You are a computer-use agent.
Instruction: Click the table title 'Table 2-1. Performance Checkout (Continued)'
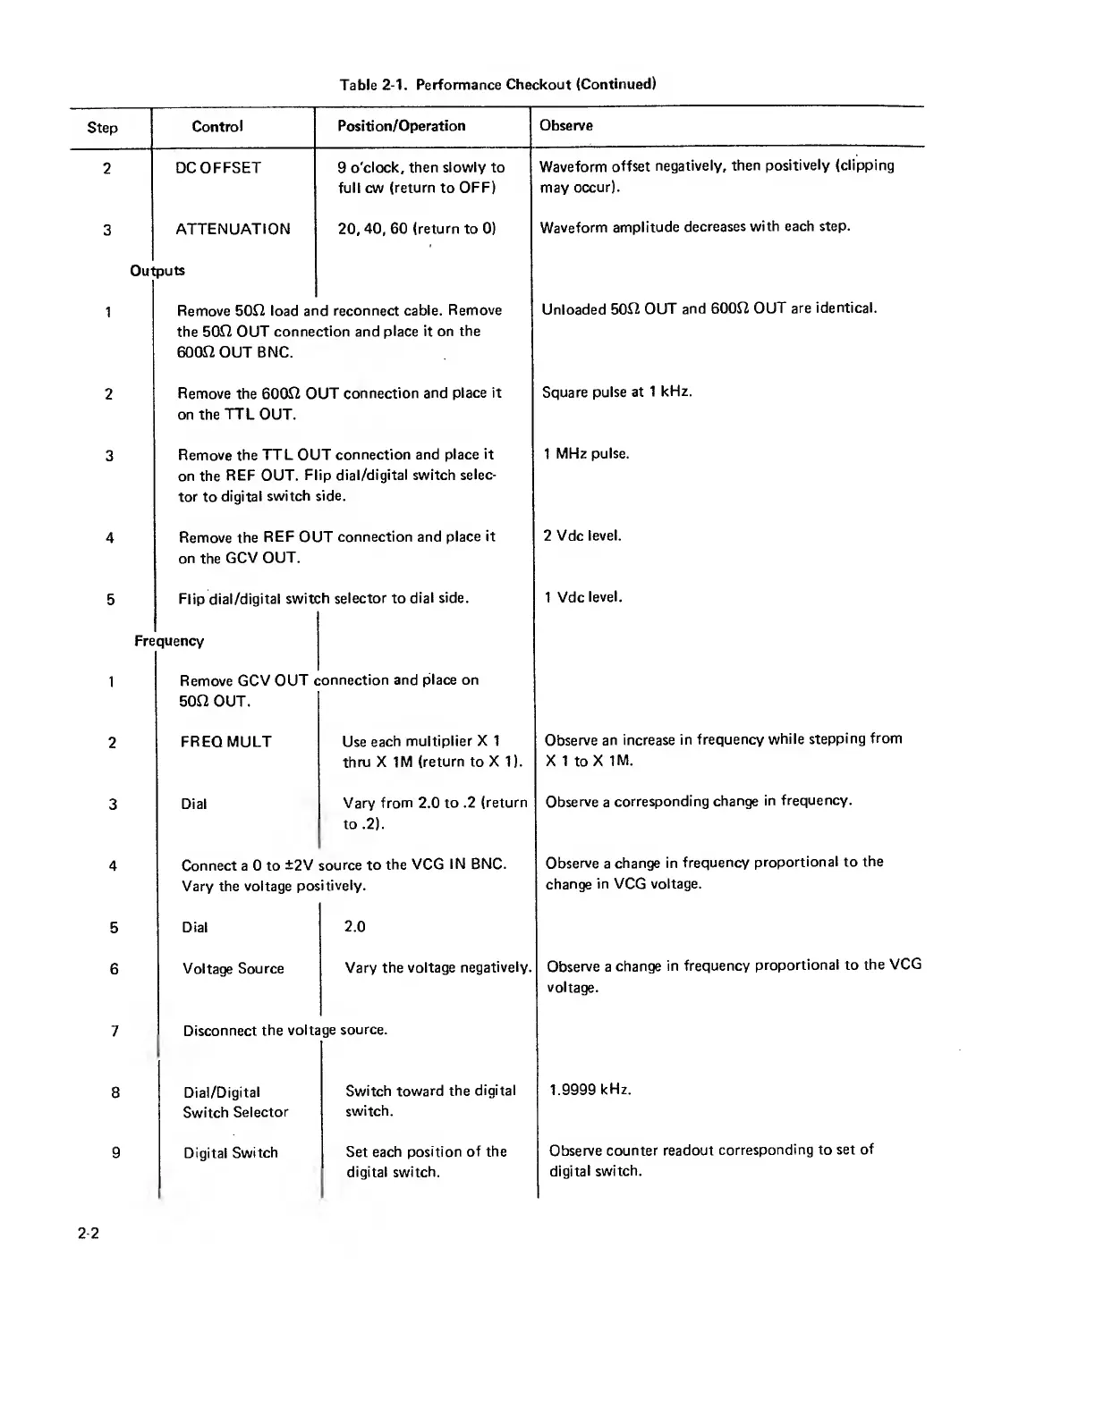497,85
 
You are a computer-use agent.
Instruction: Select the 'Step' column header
102,127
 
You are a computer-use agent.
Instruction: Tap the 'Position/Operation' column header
401,126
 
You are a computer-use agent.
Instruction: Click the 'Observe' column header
565,126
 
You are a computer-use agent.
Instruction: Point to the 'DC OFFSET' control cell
218,168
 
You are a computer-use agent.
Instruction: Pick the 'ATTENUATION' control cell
233,229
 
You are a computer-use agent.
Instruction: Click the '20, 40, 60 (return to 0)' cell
416,229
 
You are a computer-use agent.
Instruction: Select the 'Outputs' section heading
157,270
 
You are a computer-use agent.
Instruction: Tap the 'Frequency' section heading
169,641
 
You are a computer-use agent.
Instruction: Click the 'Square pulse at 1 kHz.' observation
616,392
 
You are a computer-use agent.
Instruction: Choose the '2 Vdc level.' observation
581,536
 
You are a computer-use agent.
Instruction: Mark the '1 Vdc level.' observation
582,597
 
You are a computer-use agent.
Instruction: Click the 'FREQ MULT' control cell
225,742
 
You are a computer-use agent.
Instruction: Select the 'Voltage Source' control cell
233,969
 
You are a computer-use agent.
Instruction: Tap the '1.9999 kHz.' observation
590,1091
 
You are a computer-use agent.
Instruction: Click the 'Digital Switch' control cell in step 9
231,1153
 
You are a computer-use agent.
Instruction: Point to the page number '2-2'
88,1235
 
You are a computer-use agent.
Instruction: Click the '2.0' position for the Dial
354,927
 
